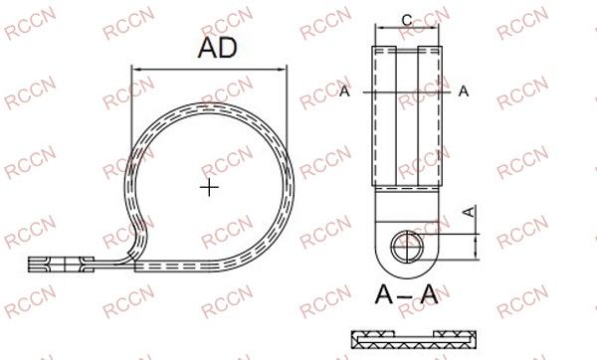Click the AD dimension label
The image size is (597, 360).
[x=217, y=48]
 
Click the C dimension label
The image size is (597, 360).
[x=407, y=20]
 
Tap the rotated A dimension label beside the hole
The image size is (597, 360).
[x=471, y=212]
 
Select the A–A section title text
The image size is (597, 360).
[x=406, y=294]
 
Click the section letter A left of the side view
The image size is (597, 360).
[x=344, y=91]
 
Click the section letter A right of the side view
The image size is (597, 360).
[x=464, y=91]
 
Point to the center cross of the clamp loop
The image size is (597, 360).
[x=209, y=187]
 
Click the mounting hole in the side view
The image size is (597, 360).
[x=407, y=247]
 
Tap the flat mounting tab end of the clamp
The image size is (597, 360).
[x=61, y=265]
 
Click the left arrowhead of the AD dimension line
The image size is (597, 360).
[x=135, y=70]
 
